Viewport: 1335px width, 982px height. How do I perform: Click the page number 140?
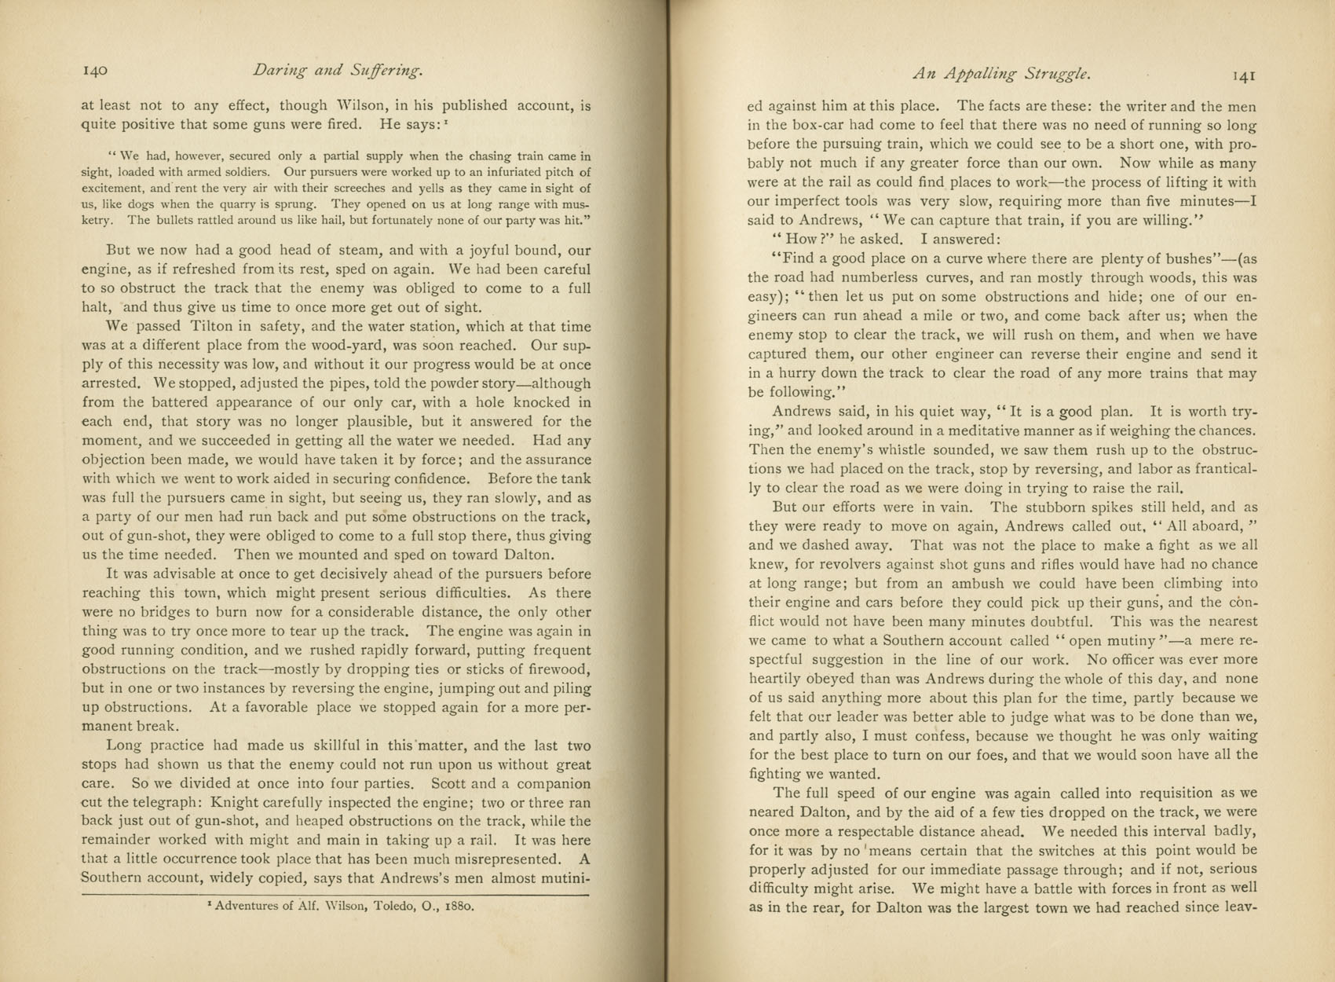94,71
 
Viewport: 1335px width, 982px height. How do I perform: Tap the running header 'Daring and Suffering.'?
338,71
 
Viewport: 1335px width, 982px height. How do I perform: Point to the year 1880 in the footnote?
458,905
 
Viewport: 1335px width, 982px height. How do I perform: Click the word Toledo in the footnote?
373,905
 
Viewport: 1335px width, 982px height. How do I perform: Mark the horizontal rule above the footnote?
335,894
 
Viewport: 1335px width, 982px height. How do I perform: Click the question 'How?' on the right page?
799,239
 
